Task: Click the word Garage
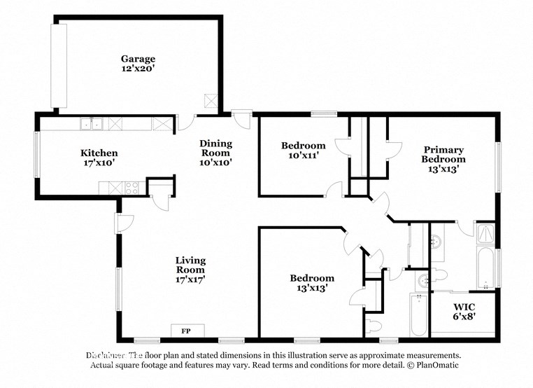click(x=137, y=59)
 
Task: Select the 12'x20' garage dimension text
click(x=137, y=69)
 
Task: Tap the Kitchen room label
click(x=99, y=153)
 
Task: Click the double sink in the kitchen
click(x=91, y=125)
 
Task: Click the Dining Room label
click(x=216, y=148)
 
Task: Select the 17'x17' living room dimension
click(x=190, y=279)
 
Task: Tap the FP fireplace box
click(x=187, y=330)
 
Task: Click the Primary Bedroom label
click(x=443, y=154)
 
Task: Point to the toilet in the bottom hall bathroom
click(x=374, y=326)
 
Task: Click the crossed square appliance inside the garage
click(x=209, y=100)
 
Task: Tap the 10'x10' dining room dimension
click(x=216, y=162)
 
